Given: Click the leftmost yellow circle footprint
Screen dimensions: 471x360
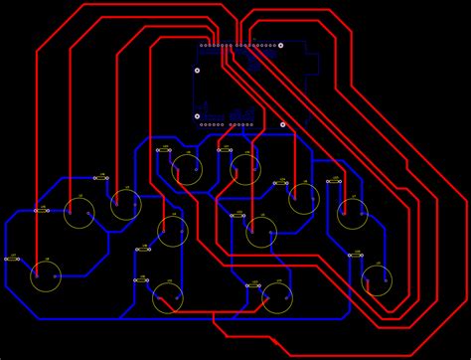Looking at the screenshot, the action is [x=46, y=276].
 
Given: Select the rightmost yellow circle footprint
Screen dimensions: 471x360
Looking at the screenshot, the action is [x=377, y=280].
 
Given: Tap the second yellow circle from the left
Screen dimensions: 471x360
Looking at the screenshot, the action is [x=79, y=212].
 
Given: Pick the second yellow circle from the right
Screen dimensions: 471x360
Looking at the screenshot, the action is [x=352, y=213].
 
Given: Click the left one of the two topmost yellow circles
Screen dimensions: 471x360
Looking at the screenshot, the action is [x=187, y=169].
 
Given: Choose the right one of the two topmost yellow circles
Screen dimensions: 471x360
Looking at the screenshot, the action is [x=245, y=169].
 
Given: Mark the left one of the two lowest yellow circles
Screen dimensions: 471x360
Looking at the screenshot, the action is [x=168, y=297].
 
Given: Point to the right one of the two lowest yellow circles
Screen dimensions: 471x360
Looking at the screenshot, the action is [x=277, y=297].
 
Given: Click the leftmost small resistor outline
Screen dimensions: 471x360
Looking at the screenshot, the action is [x=12, y=259].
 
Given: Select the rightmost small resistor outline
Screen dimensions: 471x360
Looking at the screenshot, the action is [x=356, y=256].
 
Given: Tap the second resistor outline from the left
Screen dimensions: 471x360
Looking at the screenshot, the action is [x=41, y=210].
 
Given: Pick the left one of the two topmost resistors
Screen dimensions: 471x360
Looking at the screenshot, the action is [x=164, y=150].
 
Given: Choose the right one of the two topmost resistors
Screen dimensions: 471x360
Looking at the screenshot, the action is [x=225, y=150].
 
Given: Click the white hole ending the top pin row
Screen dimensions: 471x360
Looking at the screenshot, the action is [x=280, y=45].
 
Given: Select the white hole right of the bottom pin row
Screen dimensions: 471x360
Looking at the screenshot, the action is [x=282, y=124].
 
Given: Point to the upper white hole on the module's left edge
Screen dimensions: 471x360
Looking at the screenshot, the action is [x=197, y=71].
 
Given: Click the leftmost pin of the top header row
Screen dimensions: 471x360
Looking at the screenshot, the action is [x=202, y=45].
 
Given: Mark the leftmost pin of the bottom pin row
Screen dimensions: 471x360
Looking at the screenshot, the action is [x=202, y=124].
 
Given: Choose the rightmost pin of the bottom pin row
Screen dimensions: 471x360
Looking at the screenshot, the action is [x=250, y=124].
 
